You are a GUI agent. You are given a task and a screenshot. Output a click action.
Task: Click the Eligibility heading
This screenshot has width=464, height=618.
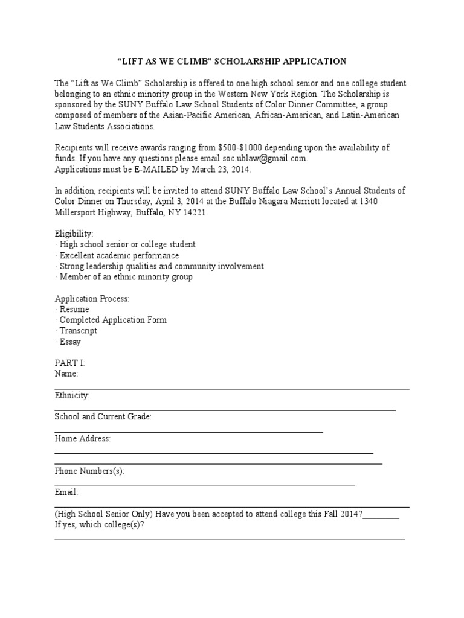pos(74,234)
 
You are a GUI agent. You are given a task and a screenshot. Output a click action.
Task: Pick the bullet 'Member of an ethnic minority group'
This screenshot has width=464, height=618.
pos(126,277)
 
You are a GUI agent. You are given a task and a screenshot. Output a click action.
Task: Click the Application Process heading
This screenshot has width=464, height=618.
pos(92,299)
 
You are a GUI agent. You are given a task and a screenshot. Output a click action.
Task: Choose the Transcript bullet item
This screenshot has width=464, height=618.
pos(78,331)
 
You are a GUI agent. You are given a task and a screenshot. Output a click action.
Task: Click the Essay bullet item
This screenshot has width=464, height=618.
pos(70,342)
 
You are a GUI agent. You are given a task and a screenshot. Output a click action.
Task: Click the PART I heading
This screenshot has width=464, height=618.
pos(70,363)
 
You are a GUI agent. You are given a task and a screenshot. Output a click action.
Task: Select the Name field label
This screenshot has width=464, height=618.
pos(66,374)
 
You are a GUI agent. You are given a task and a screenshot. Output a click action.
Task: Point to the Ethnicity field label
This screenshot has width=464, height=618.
pos(72,395)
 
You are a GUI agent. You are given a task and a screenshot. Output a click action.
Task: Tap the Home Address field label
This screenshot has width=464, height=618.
pos(83,439)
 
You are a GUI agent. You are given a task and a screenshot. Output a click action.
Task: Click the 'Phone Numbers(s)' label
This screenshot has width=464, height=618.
pos(89,471)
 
